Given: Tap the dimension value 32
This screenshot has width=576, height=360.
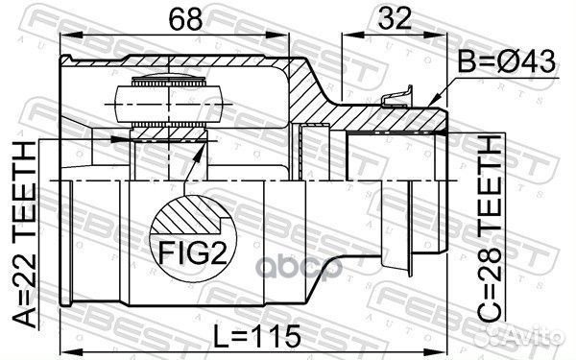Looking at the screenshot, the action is click(x=395, y=18).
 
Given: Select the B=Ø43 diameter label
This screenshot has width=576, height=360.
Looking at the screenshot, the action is click(x=507, y=61).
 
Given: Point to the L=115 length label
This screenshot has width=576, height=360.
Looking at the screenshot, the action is click(x=257, y=336).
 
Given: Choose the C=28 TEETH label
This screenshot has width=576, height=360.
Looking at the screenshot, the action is click(x=489, y=228).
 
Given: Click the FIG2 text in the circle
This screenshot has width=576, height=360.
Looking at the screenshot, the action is click(x=193, y=252).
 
